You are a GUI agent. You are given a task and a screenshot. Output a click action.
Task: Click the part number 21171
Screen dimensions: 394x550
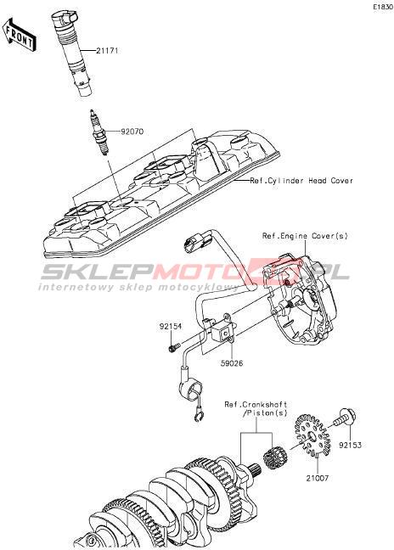[107, 51]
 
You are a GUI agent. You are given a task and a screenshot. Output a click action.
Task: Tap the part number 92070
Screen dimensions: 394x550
[132, 132]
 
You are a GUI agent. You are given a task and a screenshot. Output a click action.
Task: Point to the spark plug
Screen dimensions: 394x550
[98, 132]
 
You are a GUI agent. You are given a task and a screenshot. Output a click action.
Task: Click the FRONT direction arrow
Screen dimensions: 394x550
[19, 34]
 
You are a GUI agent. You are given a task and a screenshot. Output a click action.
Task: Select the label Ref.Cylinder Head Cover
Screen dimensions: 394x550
[301, 181]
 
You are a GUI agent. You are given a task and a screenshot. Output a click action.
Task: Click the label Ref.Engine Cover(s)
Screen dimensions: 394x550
[305, 236]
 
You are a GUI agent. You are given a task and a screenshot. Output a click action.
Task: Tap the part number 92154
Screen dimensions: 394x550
[171, 327]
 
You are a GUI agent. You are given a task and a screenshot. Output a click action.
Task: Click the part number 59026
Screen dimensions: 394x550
[232, 363]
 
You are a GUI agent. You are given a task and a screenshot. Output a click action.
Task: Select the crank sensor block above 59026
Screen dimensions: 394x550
[223, 330]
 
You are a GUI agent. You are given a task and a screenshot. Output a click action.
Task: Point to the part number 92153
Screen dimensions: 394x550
[350, 445]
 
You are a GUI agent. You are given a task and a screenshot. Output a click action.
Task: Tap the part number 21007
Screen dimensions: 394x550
[318, 478]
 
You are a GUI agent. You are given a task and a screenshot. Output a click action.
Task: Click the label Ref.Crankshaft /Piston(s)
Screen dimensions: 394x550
[256, 409]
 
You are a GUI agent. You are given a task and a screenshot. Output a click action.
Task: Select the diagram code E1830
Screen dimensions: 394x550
[383, 7]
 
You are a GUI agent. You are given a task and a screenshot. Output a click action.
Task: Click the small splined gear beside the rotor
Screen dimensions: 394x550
[275, 457]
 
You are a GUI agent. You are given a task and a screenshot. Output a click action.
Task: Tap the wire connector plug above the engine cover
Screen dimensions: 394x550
[196, 243]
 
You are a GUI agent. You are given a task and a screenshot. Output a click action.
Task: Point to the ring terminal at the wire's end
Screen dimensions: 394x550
[198, 417]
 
